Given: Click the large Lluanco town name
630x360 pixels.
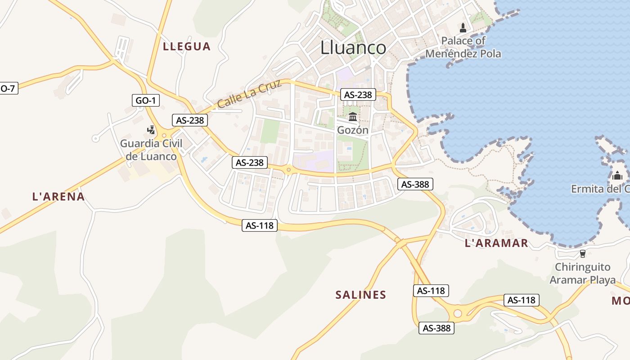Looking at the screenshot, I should (x=353, y=48).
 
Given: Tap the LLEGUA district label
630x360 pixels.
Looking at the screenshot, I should (x=187, y=46).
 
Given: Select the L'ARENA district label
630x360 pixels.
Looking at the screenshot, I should (x=58, y=196).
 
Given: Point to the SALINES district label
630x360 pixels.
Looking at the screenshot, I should (x=361, y=295).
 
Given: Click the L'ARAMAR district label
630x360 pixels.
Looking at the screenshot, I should (x=496, y=243).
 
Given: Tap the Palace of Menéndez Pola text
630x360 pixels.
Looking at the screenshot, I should (x=463, y=47).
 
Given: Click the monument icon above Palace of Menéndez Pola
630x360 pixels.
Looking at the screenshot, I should (x=463, y=28).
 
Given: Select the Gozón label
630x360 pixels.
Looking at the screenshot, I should (x=353, y=130).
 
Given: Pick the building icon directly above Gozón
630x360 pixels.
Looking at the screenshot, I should (x=353, y=117).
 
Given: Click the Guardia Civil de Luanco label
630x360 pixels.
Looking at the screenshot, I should (x=151, y=150).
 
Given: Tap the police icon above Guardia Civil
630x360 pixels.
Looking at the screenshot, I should (x=151, y=130).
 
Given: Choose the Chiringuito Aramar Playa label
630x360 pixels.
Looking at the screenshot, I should (x=582, y=274).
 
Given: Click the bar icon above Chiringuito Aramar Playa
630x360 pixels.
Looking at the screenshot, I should (x=583, y=254).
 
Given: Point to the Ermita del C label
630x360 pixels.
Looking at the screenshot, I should (x=600, y=189).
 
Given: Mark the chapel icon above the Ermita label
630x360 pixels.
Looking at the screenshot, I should (x=617, y=175).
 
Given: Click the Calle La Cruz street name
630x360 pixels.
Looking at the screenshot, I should (x=249, y=94).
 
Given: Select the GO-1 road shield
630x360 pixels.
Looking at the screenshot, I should (x=146, y=100).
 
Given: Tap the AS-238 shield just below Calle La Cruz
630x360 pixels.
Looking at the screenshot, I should (x=190, y=120).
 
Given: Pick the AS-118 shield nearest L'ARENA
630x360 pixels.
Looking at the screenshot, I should (x=260, y=225).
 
